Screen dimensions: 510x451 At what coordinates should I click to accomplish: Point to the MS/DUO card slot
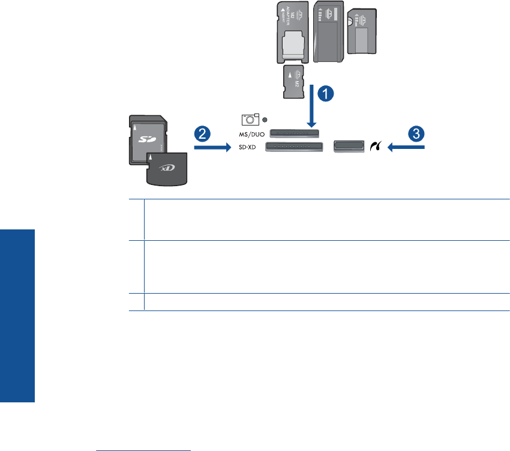click(x=294, y=132)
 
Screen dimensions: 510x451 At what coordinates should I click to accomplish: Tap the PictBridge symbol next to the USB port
click(x=375, y=146)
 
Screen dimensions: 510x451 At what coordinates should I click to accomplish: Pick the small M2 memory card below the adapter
click(x=295, y=83)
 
